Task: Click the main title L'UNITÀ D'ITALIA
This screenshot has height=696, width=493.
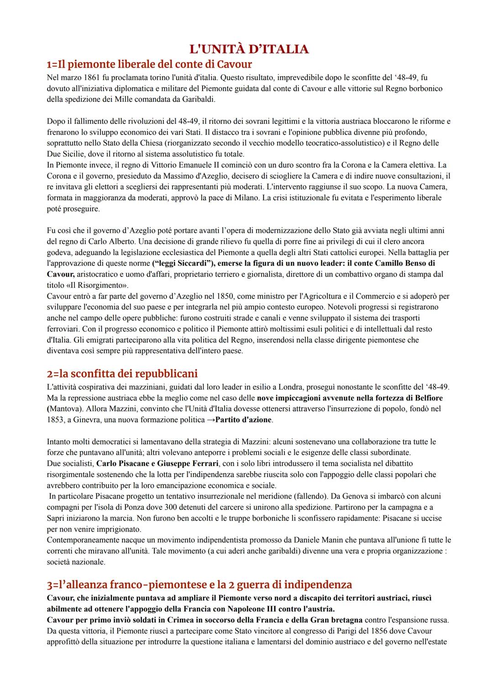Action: click(x=249, y=49)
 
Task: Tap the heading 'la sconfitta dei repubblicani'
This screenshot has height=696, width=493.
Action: click(x=122, y=373)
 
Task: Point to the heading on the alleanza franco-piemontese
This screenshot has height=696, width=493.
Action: click(x=199, y=584)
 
